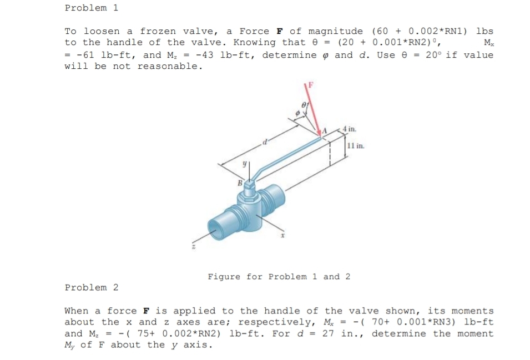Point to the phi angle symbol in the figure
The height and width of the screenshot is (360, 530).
tap(297, 114)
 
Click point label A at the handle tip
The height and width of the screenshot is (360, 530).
tap(327, 130)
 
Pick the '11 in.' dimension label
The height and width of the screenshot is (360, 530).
tap(355, 146)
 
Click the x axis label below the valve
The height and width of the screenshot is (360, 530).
tap(282, 236)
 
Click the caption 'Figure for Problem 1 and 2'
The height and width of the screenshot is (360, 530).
tap(279, 276)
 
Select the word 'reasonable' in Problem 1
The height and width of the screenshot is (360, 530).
tap(168, 66)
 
